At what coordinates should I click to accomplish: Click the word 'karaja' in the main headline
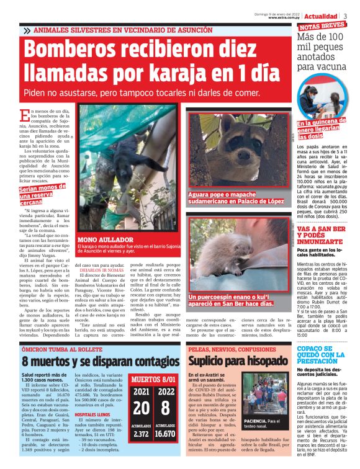tap(180, 73)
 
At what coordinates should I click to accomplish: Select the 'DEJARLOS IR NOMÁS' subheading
tap(98, 270)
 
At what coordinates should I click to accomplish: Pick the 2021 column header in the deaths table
tap(142, 391)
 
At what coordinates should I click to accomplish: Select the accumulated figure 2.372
tap(142, 434)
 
